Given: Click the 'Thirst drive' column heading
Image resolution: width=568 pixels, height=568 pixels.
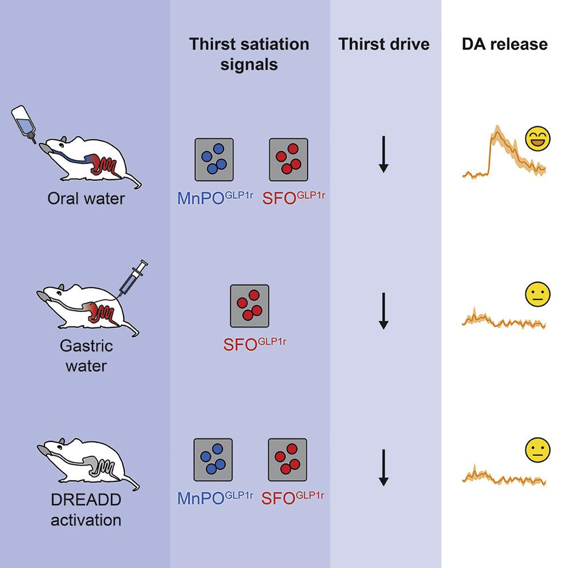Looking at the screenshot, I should pos(384,44).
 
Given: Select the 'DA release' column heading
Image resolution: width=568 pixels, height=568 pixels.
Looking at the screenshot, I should pos(505,44).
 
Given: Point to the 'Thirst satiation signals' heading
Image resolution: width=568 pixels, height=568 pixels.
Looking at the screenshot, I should pos(249,54).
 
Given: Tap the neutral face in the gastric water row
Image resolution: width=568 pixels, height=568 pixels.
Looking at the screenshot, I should pos(537,295).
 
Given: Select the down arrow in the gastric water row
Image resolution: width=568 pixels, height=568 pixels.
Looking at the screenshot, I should pos(384,311).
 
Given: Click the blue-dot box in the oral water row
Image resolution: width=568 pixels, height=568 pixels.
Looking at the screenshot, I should pos(214,159).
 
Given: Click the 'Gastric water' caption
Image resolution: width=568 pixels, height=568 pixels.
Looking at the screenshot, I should pos(86,355).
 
